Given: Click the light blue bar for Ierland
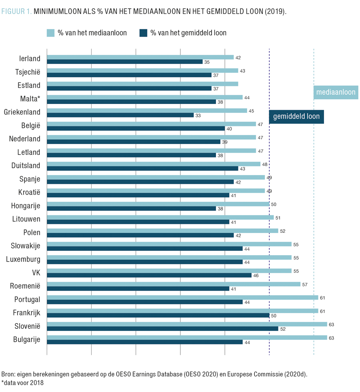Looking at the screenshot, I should pos(140,57).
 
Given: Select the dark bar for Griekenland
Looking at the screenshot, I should pos(120,115).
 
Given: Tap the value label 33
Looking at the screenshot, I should pos(198,116).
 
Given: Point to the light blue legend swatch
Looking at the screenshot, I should pos(50,33).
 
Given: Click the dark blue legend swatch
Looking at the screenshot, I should pos(144,33).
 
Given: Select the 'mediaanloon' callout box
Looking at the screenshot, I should pos(336,92).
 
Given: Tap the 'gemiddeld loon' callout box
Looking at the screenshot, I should pos(296,117).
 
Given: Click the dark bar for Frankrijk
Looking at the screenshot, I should pos(158,315).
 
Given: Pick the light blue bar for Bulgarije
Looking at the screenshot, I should pos(187,338).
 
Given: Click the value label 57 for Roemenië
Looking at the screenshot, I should pos(305,284).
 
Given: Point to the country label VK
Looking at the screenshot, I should pos(35,272).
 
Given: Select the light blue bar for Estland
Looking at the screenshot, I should pos(142,84).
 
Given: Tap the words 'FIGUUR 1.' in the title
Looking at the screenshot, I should pos(16,11).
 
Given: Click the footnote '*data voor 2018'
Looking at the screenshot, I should pos(22,382).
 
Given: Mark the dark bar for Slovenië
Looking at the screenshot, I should pos(162,329).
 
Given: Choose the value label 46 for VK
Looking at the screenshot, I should pos(256,276).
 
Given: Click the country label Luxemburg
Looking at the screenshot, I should pos(23,259).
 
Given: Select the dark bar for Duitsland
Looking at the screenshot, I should pos(142,168).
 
